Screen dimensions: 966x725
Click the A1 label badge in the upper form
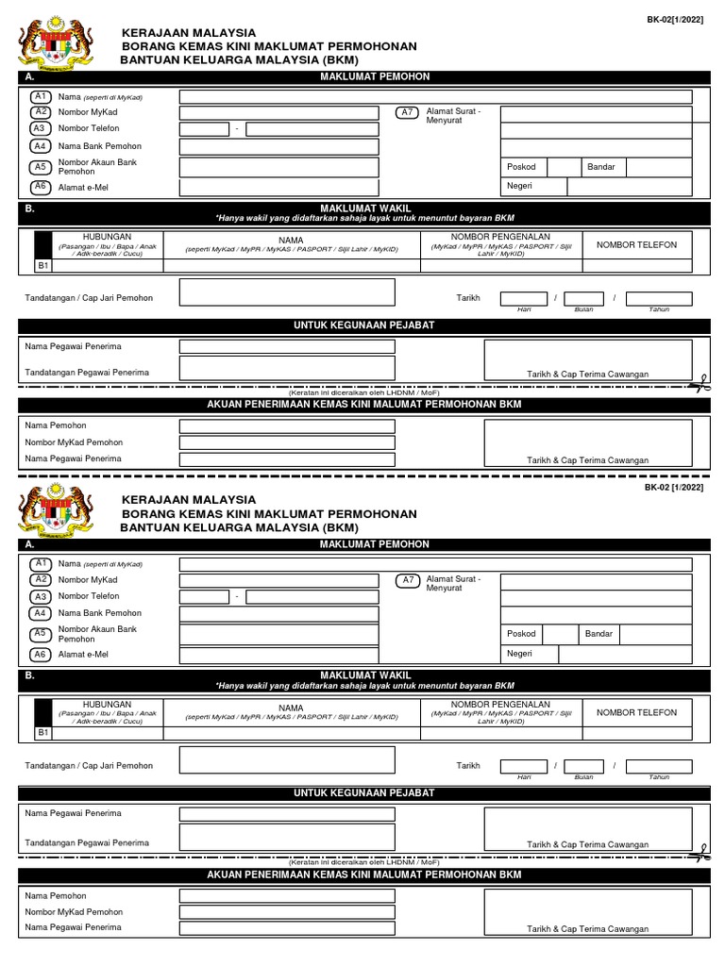point(42,96)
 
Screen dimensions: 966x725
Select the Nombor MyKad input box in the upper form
point(279,113)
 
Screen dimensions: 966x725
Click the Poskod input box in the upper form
point(564,167)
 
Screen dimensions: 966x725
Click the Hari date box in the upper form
point(523,298)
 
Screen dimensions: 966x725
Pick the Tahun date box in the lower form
point(658,766)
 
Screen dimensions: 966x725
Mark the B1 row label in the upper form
point(42,266)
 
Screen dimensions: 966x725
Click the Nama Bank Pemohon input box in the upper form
point(279,146)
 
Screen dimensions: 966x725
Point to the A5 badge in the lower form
point(42,634)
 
